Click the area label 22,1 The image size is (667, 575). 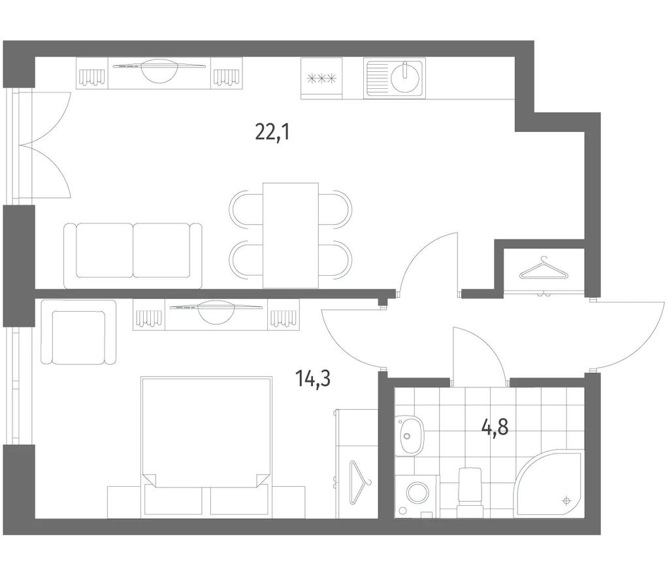pos(272,132)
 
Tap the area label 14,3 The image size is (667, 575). pos(313,378)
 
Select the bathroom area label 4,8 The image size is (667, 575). pos(495,427)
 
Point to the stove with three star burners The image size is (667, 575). pos(321,79)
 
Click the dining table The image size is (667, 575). pos(291,235)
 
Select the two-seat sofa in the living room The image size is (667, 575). pos(133,255)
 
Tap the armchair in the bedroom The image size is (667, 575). pos(78,333)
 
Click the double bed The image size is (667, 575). pos(206,447)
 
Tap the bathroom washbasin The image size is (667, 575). pos(410,435)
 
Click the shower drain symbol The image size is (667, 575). pos(566,500)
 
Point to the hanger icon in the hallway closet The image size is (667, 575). pos(544,270)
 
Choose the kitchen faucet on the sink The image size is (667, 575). pos(406,70)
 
